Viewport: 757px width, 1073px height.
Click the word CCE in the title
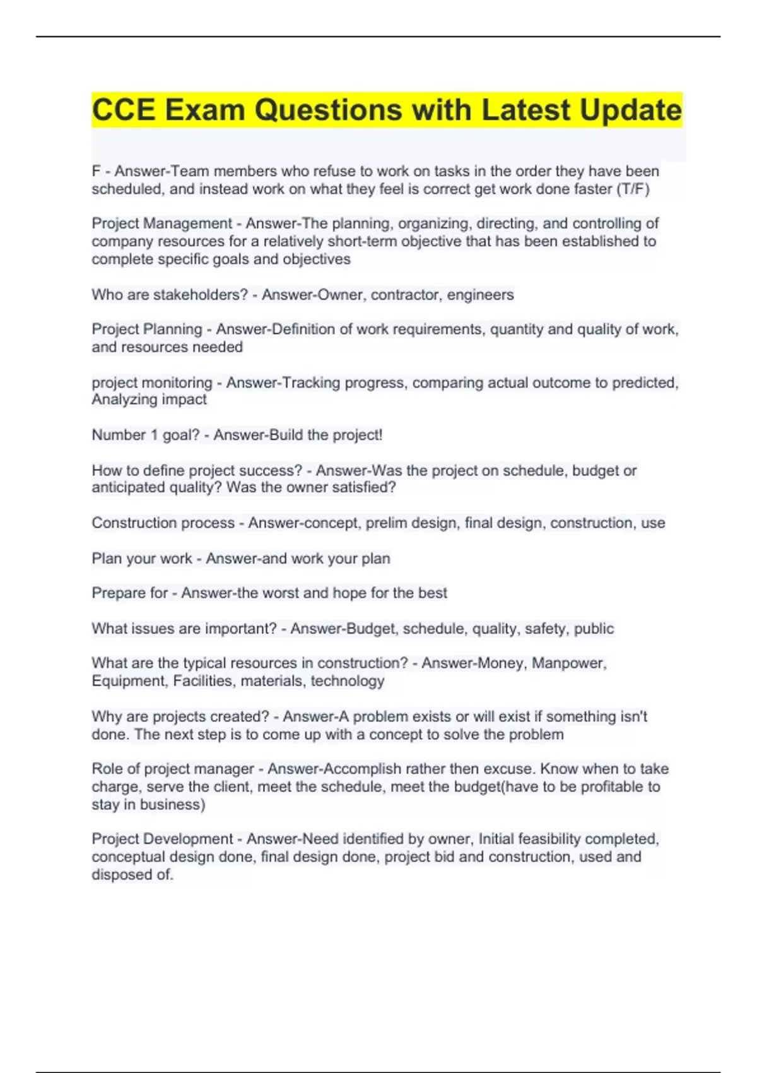point(123,110)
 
